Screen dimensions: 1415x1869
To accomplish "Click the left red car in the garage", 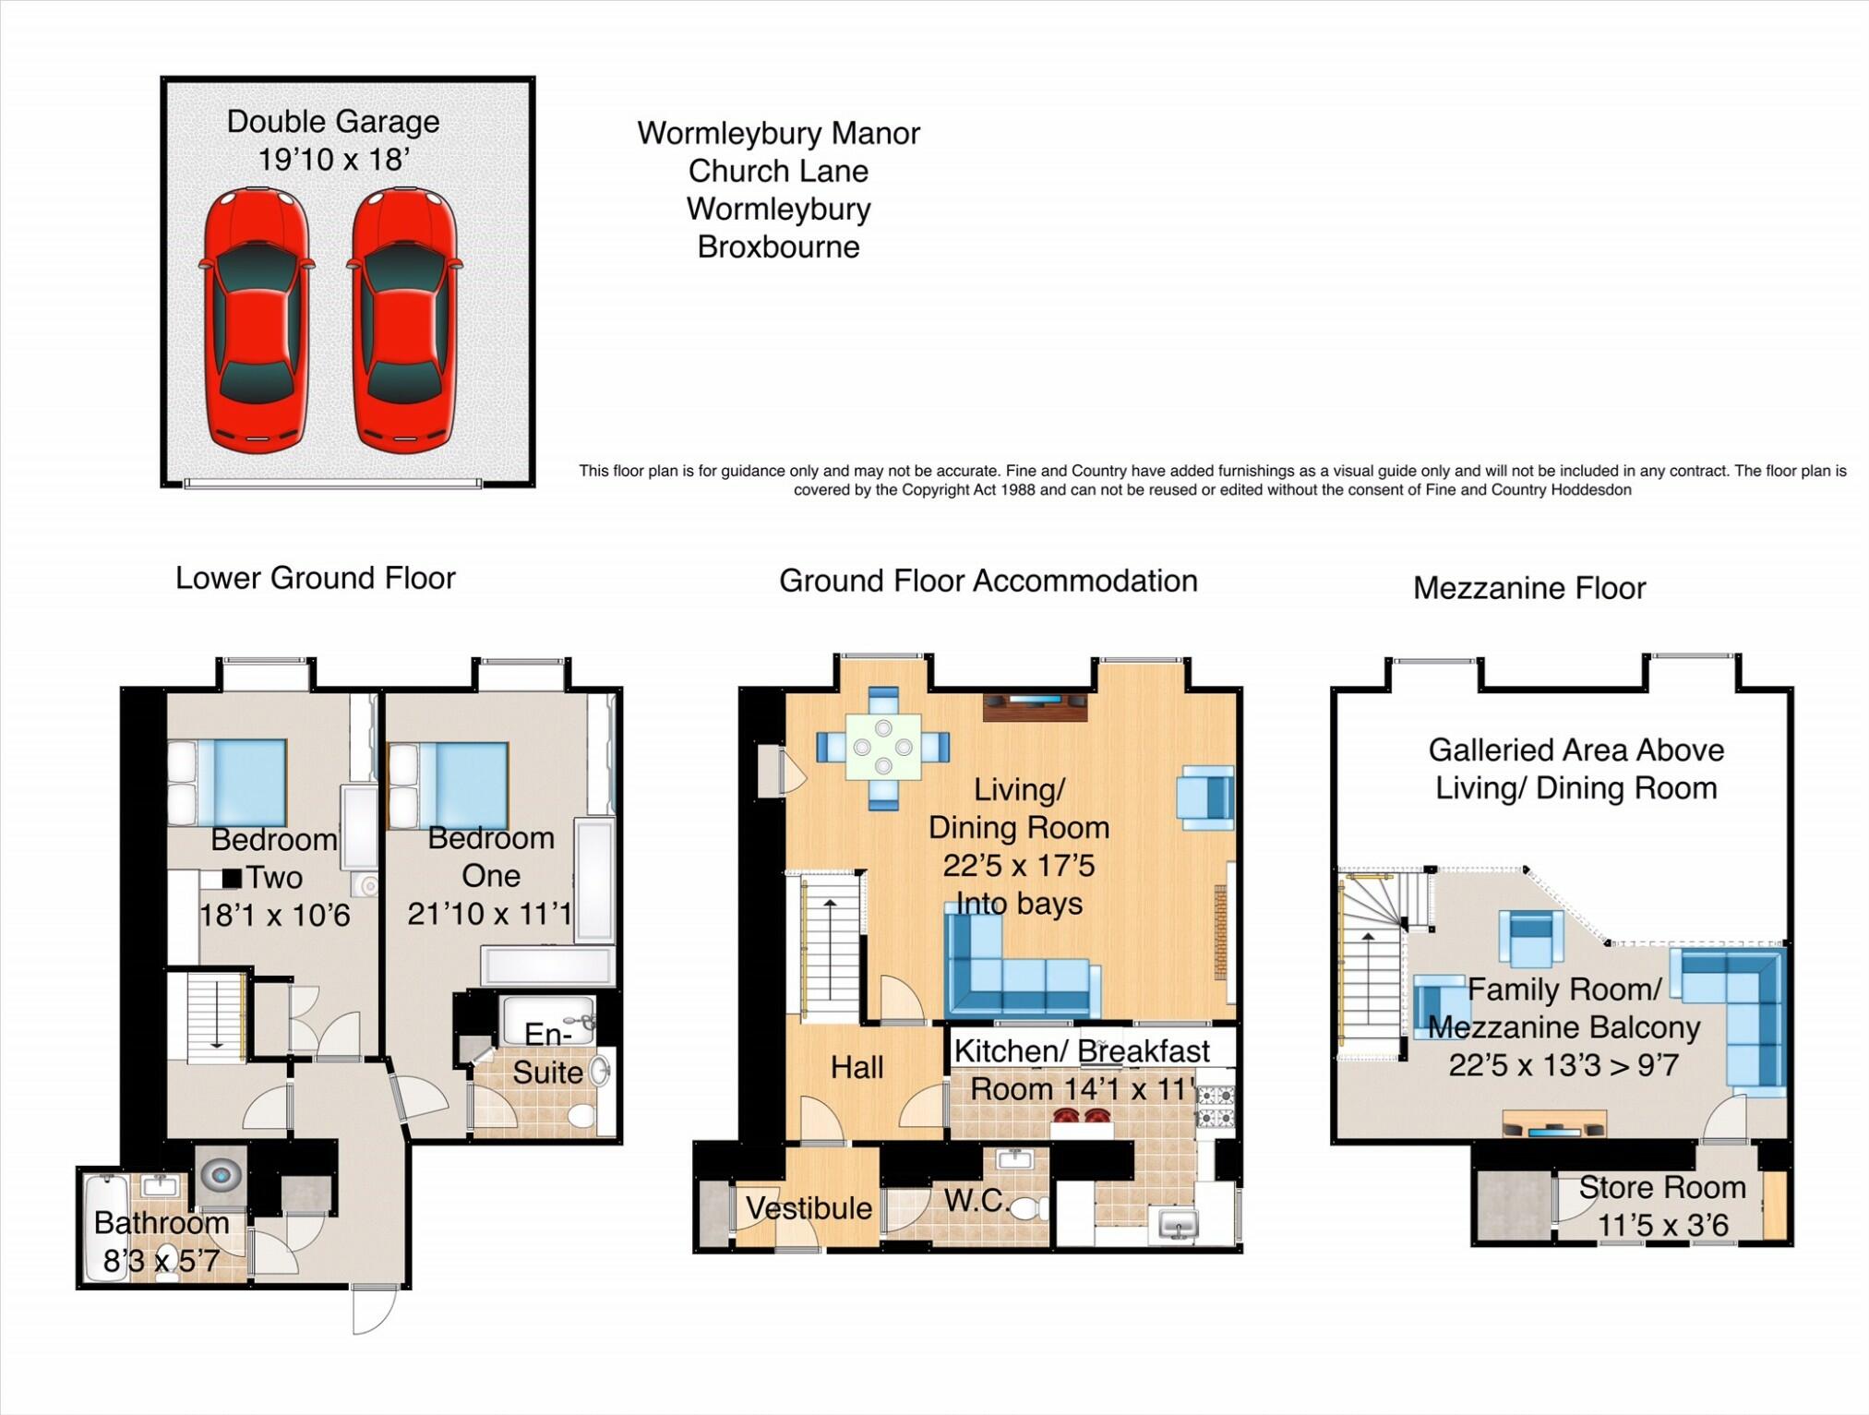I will pyautogui.click(x=257, y=319).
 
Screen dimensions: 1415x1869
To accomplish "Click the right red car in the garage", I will pyautogui.click(x=404, y=319).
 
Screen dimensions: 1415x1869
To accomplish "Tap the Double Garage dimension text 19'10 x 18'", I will pyautogui.click(x=333, y=160).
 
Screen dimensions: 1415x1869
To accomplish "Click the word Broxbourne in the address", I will pyautogui.click(x=778, y=247).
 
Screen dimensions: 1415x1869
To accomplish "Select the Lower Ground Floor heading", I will pyautogui.click(x=315, y=579).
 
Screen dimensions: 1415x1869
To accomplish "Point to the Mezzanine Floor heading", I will pyautogui.click(x=1528, y=589).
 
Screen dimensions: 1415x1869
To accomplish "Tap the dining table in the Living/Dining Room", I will pyautogui.click(x=883, y=746).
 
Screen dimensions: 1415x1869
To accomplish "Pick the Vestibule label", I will pyautogui.click(x=809, y=1208).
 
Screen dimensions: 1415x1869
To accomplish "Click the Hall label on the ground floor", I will pyautogui.click(x=857, y=1068).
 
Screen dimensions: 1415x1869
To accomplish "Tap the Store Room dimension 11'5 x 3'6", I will pyautogui.click(x=1662, y=1226).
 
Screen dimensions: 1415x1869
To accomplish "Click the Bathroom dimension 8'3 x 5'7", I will pyautogui.click(x=162, y=1260).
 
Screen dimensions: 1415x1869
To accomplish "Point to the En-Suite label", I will pyautogui.click(x=548, y=1054).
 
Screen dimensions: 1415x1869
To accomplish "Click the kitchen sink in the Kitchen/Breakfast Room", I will pyautogui.click(x=1177, y=1226).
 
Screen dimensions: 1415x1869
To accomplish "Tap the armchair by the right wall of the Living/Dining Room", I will pyautogui.click(x=1205, y=797).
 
